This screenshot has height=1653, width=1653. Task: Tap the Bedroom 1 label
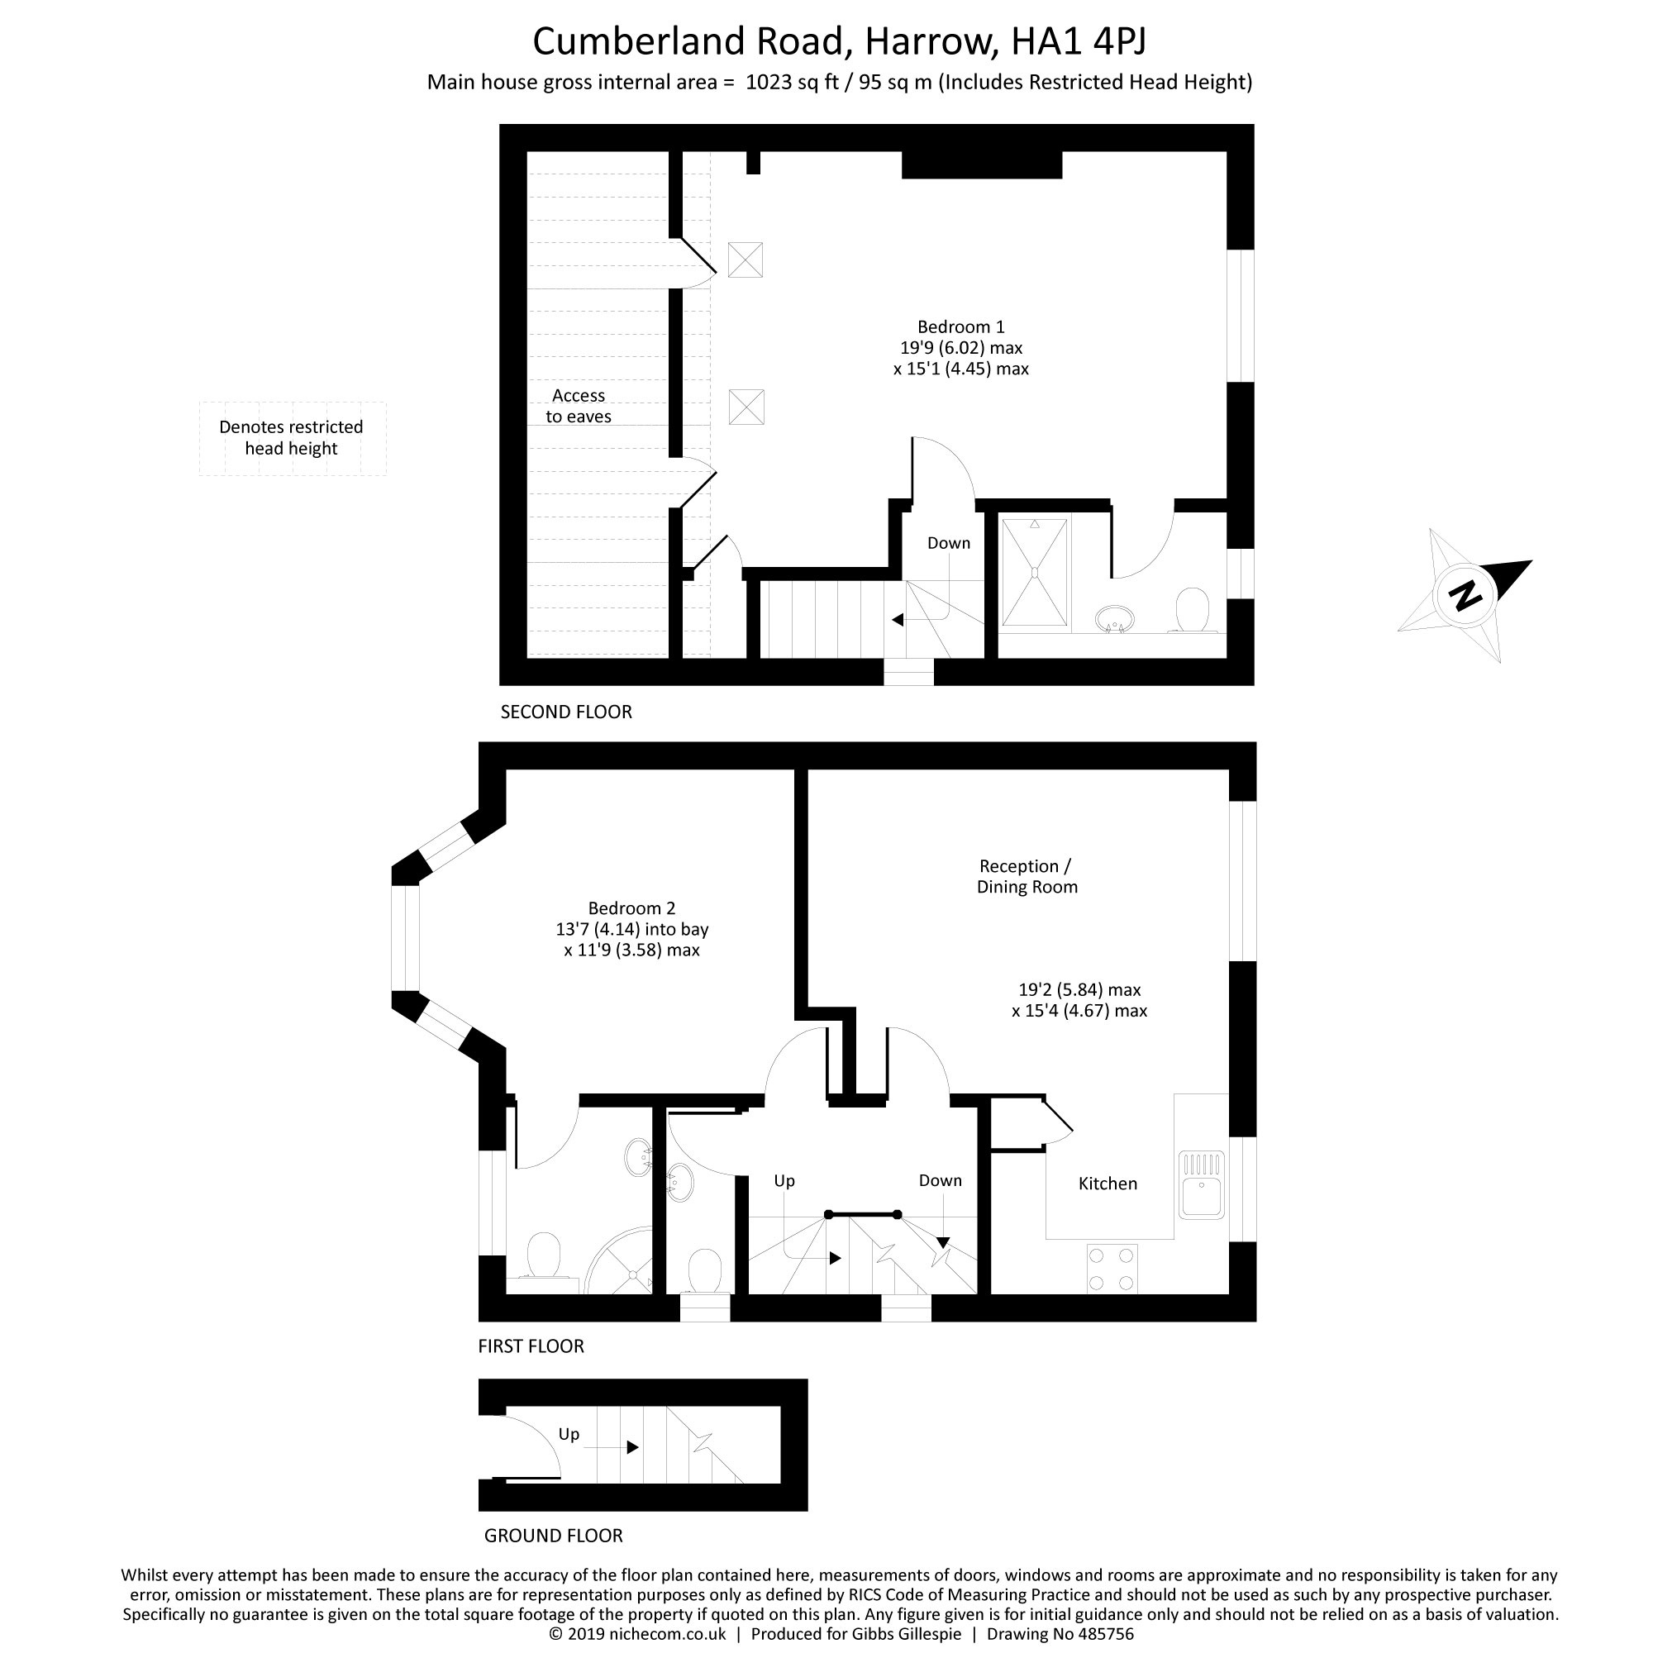coord(961,326)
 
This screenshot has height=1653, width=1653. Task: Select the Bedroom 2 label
coord(631,907)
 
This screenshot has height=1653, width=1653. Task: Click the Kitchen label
coord(1108,1184)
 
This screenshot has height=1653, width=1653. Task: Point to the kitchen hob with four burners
coord(1112,1268)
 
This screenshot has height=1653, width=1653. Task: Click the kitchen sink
coord(1202,1185)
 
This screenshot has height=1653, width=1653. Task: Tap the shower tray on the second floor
coord(1035,573)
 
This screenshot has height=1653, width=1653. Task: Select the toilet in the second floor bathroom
coord(1192,610)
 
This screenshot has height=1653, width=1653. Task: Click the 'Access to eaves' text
coord(579,407)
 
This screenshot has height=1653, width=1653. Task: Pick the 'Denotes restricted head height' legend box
coord(293,438)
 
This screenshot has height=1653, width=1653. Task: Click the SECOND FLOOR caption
coord(566,712)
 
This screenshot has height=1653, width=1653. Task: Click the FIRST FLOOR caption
coord(531,1346)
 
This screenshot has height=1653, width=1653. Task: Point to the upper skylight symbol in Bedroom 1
coord(746,260)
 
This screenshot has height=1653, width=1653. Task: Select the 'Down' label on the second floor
coord(949,543)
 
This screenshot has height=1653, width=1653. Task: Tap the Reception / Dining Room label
coord(1027,876)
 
